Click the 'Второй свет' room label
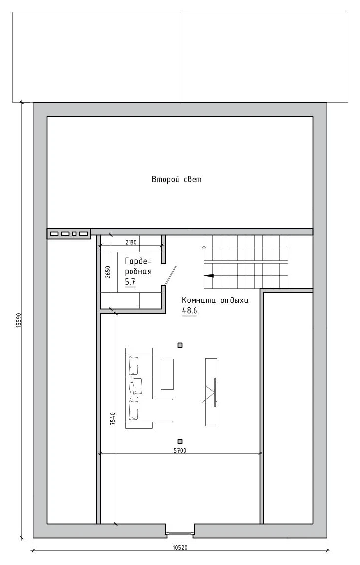[177, 179]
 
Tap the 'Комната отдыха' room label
[215, 300]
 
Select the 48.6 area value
[190, 311]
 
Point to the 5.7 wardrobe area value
[130, 282]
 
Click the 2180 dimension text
[131, 242]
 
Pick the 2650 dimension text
[108, 272]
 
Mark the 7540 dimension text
[113, 418]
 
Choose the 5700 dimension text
[180, 450]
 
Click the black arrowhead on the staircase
[209, 276]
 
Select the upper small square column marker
[180, 345]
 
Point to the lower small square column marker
[180, 441]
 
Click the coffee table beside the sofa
[167, 374]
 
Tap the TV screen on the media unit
[215, 393]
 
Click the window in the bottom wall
[180, 531]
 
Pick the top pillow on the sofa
[133, 365]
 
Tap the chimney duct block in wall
[68, 233]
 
